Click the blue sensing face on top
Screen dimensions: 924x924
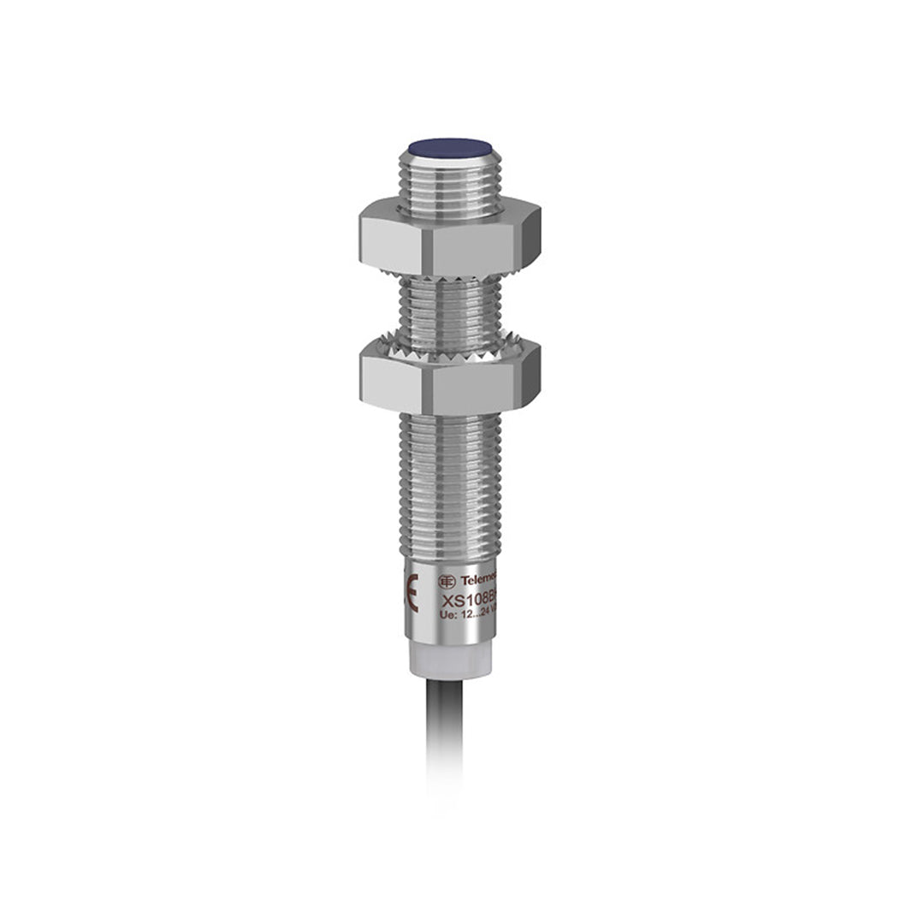tap(450, 147)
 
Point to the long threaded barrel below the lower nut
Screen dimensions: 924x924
tap(450, 488)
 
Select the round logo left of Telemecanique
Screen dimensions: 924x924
tap(446, 581)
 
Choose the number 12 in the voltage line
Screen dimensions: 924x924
tap(463, 615)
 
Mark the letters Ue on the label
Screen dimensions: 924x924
tap(446, 615)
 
